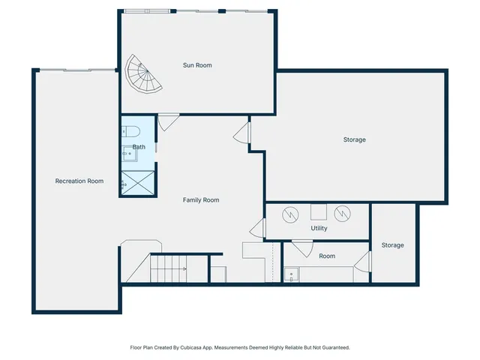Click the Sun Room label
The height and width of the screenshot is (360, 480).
(197, 65)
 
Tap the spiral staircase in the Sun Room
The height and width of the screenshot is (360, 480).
(142, 75)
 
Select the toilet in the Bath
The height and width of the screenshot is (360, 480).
(129, 128)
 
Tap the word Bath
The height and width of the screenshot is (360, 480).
(139, 147)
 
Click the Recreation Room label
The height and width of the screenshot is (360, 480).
(79, 181)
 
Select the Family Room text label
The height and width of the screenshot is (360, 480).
(201, 200)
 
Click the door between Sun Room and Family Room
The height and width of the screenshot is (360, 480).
(168, 121)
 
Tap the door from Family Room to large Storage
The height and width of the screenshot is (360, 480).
(241, 135)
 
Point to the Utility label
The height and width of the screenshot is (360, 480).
(319, 228)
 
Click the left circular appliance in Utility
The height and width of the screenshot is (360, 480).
(289, 214)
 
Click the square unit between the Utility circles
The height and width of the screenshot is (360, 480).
(318, 211)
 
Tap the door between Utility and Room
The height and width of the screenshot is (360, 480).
(302, 247)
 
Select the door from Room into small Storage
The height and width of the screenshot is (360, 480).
(363, 262)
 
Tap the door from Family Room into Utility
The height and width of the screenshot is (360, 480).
(259, 228)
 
